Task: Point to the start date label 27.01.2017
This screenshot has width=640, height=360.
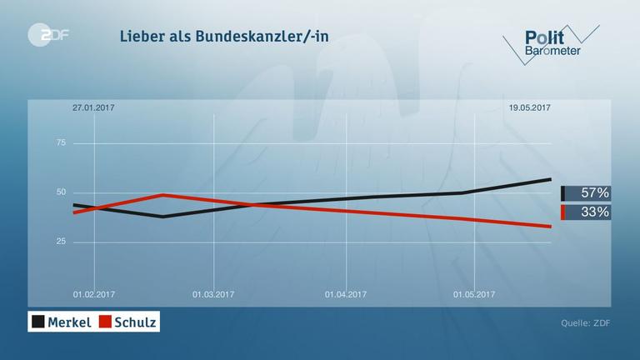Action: pyautogui.click(x=92, y=107)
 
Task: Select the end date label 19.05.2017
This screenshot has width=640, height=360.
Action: pyautogui.click(x=528, y=107)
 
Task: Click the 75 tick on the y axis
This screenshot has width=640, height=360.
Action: pyautogui.click(x=60, y=143)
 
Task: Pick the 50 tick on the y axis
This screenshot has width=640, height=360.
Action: pyautogui.click(x=60, y=192)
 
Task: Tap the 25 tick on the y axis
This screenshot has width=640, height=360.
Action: pyautogui.click(x=60, y=242)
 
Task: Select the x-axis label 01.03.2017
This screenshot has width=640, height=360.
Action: pyautogui.click(x=214, y=293)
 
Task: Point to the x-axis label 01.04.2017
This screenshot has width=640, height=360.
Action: pyautogui.click(x=345, y=293)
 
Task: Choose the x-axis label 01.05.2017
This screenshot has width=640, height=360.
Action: pyautogui.click(x=474, y=293)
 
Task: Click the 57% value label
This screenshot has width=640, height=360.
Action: pyautogui.click(x=594, y=193)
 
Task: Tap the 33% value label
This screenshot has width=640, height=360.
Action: pyautogui.click(x=594, y=212)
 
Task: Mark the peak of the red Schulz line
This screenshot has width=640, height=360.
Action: pyautogui.click(x=163, y=195)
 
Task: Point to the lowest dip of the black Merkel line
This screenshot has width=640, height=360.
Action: pyautogui.click(x=163, y=217)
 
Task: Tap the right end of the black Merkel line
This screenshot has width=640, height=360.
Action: pyautogui.click(x=551, y=179)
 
